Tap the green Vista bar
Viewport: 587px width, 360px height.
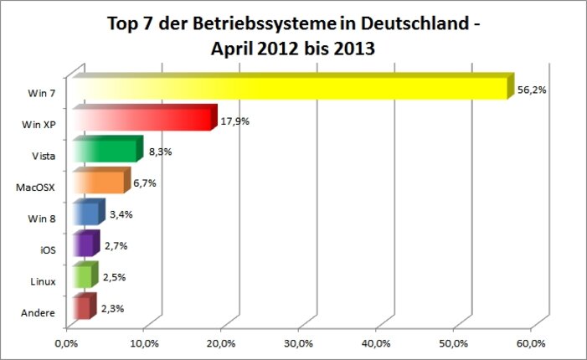(106, 152)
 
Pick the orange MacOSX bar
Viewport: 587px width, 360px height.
(99, 183)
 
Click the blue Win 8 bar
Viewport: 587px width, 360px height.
(86, 213)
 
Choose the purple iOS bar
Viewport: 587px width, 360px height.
(83, 245)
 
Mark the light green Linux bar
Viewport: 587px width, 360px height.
(82, 276)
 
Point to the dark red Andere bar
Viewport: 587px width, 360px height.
(81, 308)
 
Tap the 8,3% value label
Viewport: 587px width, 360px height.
(159, 152)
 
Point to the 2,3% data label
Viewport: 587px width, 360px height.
(113, 309)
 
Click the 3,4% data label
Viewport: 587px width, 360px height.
(121, 215)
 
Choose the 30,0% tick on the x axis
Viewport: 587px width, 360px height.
(299, 342)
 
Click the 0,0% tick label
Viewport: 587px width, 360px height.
(65, 342)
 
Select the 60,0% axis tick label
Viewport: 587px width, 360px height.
(532, 342)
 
